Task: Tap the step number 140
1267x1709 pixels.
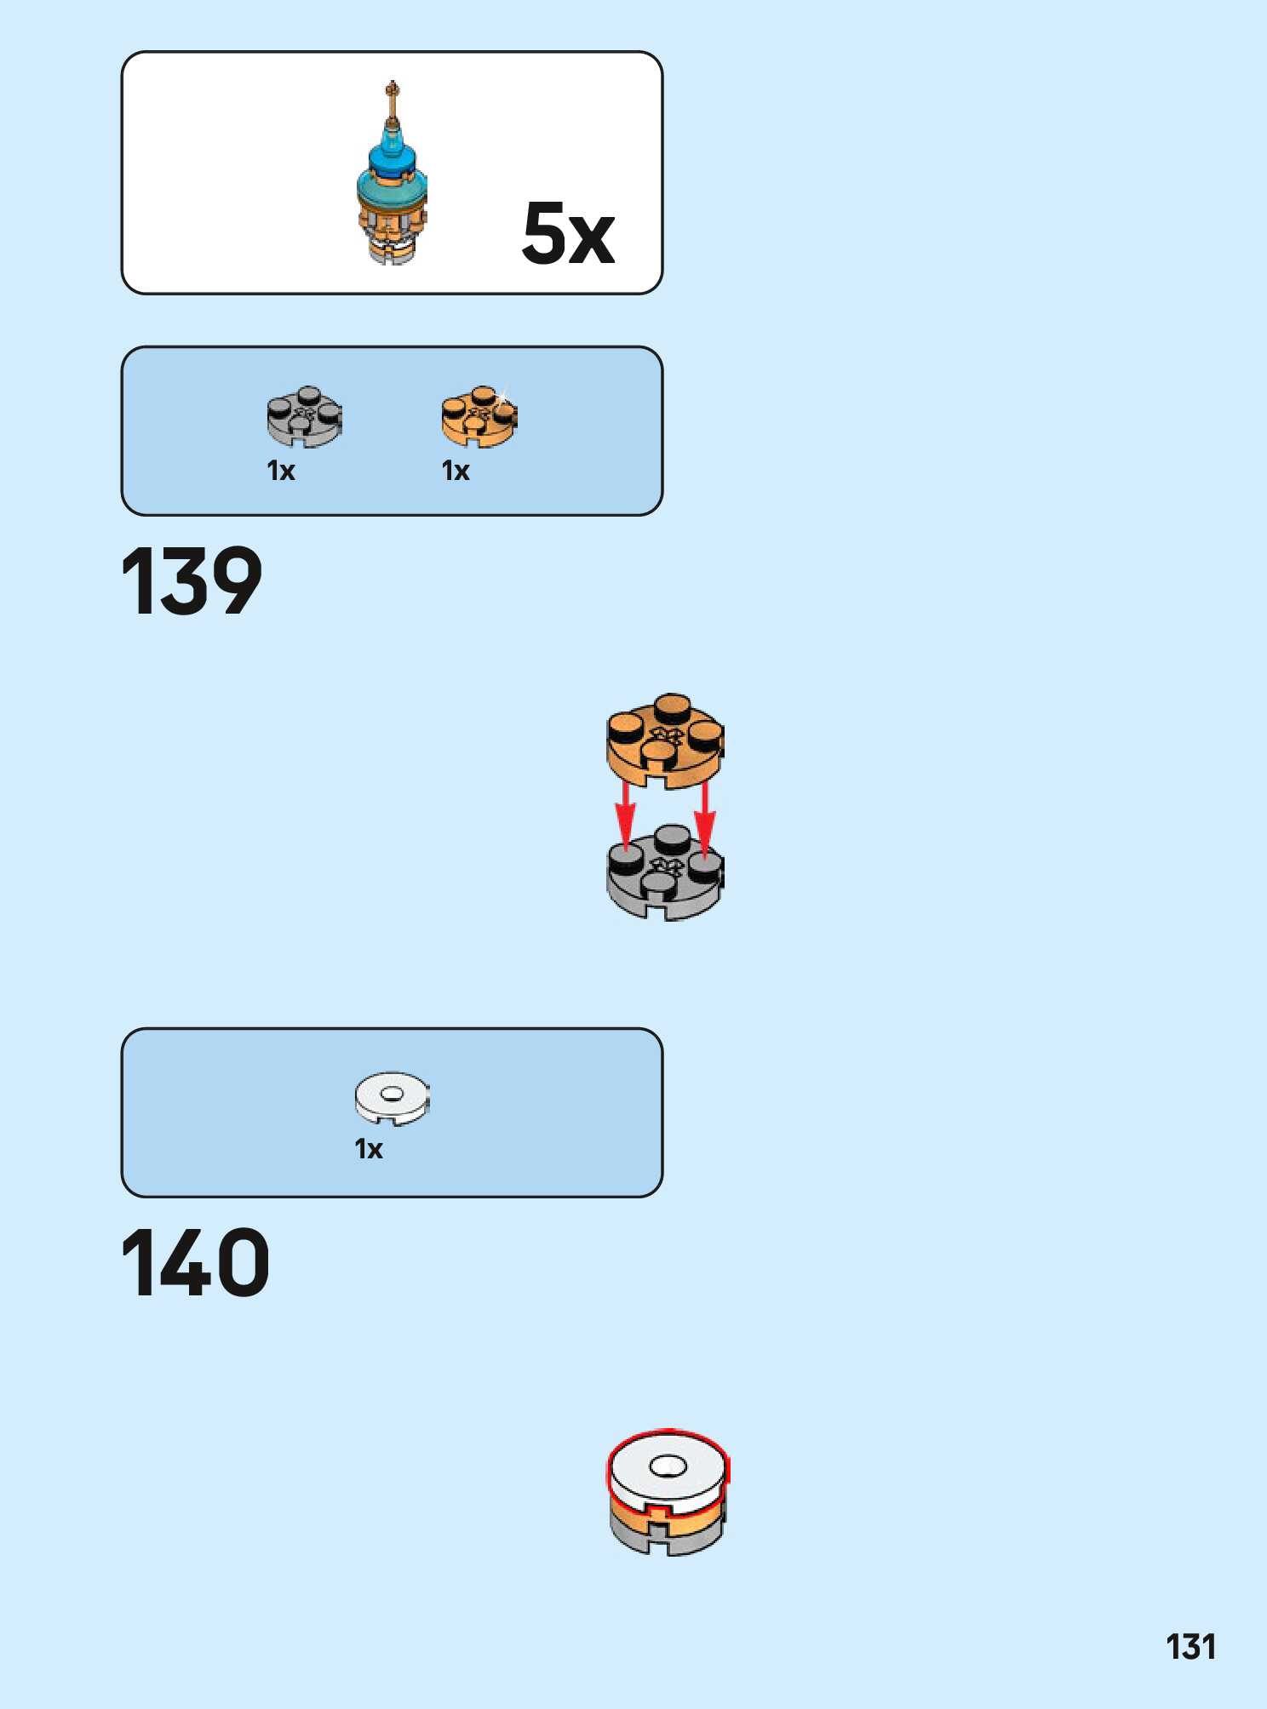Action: click(x=195, y=1263)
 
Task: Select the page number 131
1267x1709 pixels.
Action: click(x=1190, y=1647)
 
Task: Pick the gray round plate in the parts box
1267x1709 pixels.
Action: click(x=304, y=416)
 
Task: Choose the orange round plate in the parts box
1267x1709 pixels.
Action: click(x=479, y=416)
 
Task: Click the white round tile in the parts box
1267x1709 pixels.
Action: click(x=392, y=1097)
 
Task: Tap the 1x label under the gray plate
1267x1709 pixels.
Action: click(x=281, y=471)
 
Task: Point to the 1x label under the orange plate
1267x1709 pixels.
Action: click(x=456, y=471)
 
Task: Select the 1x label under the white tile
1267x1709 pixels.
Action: click(x=369, y=1149)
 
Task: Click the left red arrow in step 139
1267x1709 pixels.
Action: click(x=626, y=817)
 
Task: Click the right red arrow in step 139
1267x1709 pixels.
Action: click(x=704, y=817)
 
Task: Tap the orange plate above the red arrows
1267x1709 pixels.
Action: click(x=664, y=740)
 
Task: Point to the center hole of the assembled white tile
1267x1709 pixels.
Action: click(x=668, y=1466)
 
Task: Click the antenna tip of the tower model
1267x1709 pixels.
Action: click(x=392, y=87)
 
